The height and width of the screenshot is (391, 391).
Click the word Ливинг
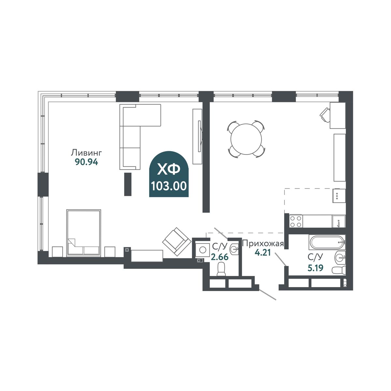tap(86, 153)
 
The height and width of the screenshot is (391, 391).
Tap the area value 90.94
tap(87, 162)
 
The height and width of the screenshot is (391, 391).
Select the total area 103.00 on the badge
tap(169, 186)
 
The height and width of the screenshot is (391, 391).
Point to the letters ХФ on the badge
tap(169, 170)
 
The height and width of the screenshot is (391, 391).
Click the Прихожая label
tap(263, 243)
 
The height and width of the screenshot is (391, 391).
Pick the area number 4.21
tap(263, 253)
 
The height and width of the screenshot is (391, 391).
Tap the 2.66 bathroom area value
tap(220, 257)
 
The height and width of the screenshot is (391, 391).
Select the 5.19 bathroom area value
tap(315, 268)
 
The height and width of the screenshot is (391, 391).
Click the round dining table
tap(246, 139)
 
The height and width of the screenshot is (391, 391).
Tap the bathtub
tap(327, 242)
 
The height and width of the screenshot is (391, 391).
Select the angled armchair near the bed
tap(177, 241)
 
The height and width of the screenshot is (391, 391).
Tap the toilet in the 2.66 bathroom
tap(221, 269)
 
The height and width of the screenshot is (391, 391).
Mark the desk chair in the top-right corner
tap(325, 115)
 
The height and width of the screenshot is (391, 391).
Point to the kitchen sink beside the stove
tap(339, 221)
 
